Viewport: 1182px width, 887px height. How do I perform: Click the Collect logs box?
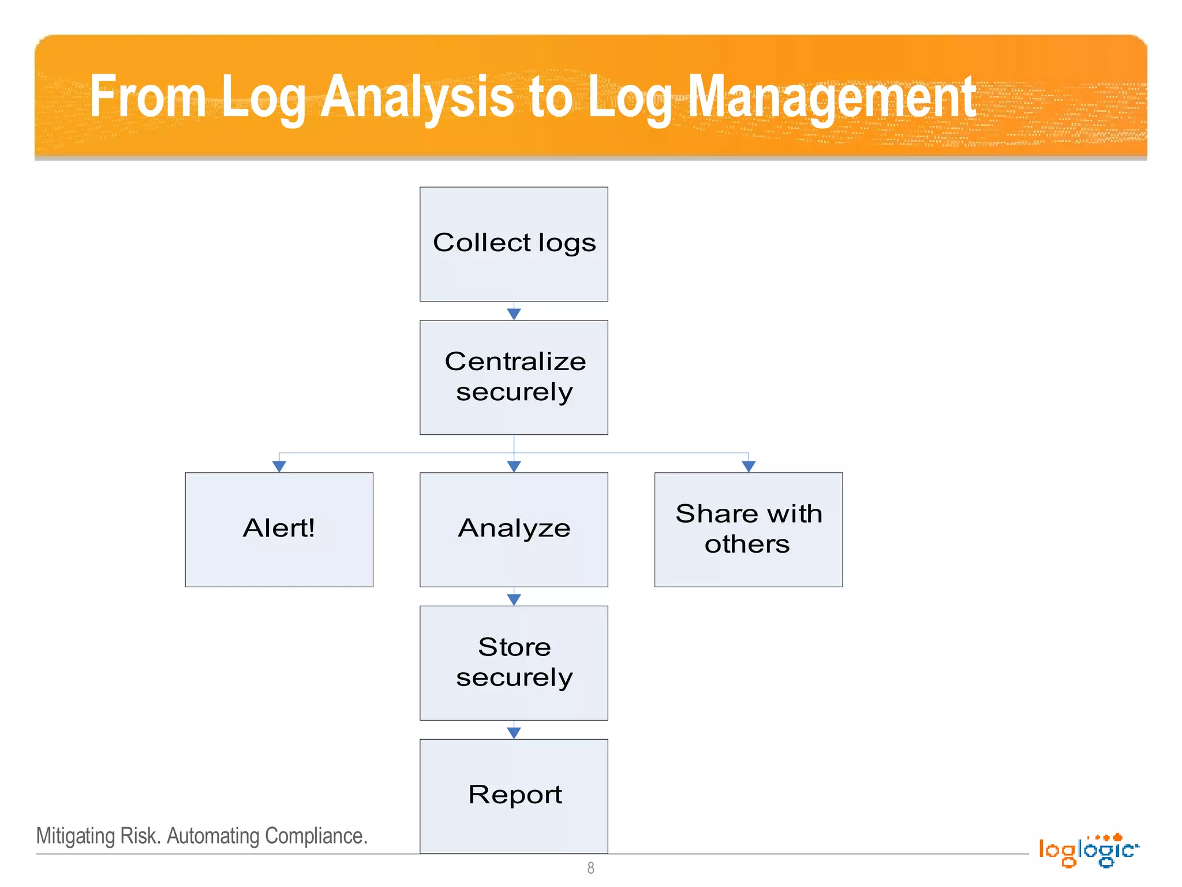click(514, 244)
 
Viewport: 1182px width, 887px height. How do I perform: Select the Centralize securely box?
click(514, 377)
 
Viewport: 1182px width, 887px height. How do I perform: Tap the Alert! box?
click(279, 529)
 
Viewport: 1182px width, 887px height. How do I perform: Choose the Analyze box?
click(514, 529)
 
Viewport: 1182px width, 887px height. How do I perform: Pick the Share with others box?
click(748, 529)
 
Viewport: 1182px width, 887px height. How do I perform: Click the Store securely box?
click(514, 662)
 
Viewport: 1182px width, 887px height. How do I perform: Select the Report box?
click(514, 795)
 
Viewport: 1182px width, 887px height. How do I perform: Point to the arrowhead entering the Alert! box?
click(279, 466)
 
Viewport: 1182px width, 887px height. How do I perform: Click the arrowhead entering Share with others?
click(749, 466)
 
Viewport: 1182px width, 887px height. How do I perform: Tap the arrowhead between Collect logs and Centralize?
click(514, 314)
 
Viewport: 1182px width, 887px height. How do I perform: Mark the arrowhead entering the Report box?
click(514, 732)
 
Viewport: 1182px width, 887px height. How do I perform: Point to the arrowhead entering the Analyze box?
click(514, 466)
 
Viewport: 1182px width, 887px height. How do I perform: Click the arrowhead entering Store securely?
click(514, 599)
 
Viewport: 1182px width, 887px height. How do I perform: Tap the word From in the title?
click(148, 97)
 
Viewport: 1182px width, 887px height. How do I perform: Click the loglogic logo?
click(1088, 850)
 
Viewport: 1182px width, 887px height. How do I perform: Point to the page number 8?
click(590, 868)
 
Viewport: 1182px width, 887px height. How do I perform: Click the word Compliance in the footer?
click(316, 836)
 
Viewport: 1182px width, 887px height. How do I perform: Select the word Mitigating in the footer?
click(76, 836)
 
